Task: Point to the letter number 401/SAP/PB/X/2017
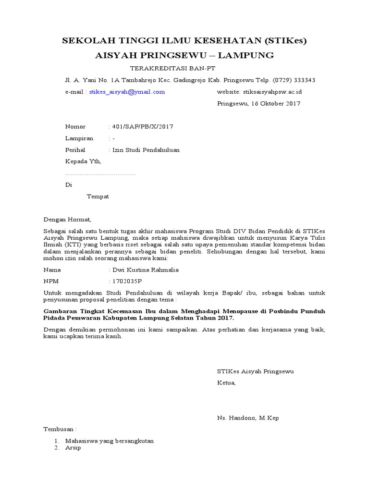142,127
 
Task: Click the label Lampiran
79,138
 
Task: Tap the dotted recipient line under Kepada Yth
100,173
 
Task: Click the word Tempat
98,197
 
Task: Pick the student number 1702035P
127,282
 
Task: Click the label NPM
50,282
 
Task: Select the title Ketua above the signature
226,383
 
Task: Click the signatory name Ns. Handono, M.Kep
248,418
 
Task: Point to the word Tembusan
60,429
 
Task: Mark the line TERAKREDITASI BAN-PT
161,68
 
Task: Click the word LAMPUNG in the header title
246,55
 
